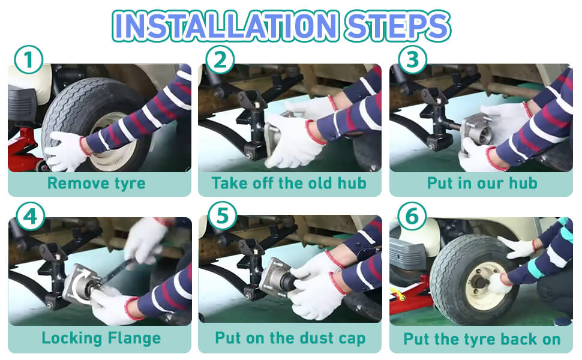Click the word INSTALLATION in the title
[x=226, y=26]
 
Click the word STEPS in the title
[x=397, y=26]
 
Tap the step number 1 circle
[x=29, y=59]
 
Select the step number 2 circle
[x=220, y=59]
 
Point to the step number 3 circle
[x=412, y=59]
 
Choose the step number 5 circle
[x=223, y=216]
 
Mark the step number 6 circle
[x=412, y=216]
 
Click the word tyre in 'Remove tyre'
[x=130, y=184]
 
